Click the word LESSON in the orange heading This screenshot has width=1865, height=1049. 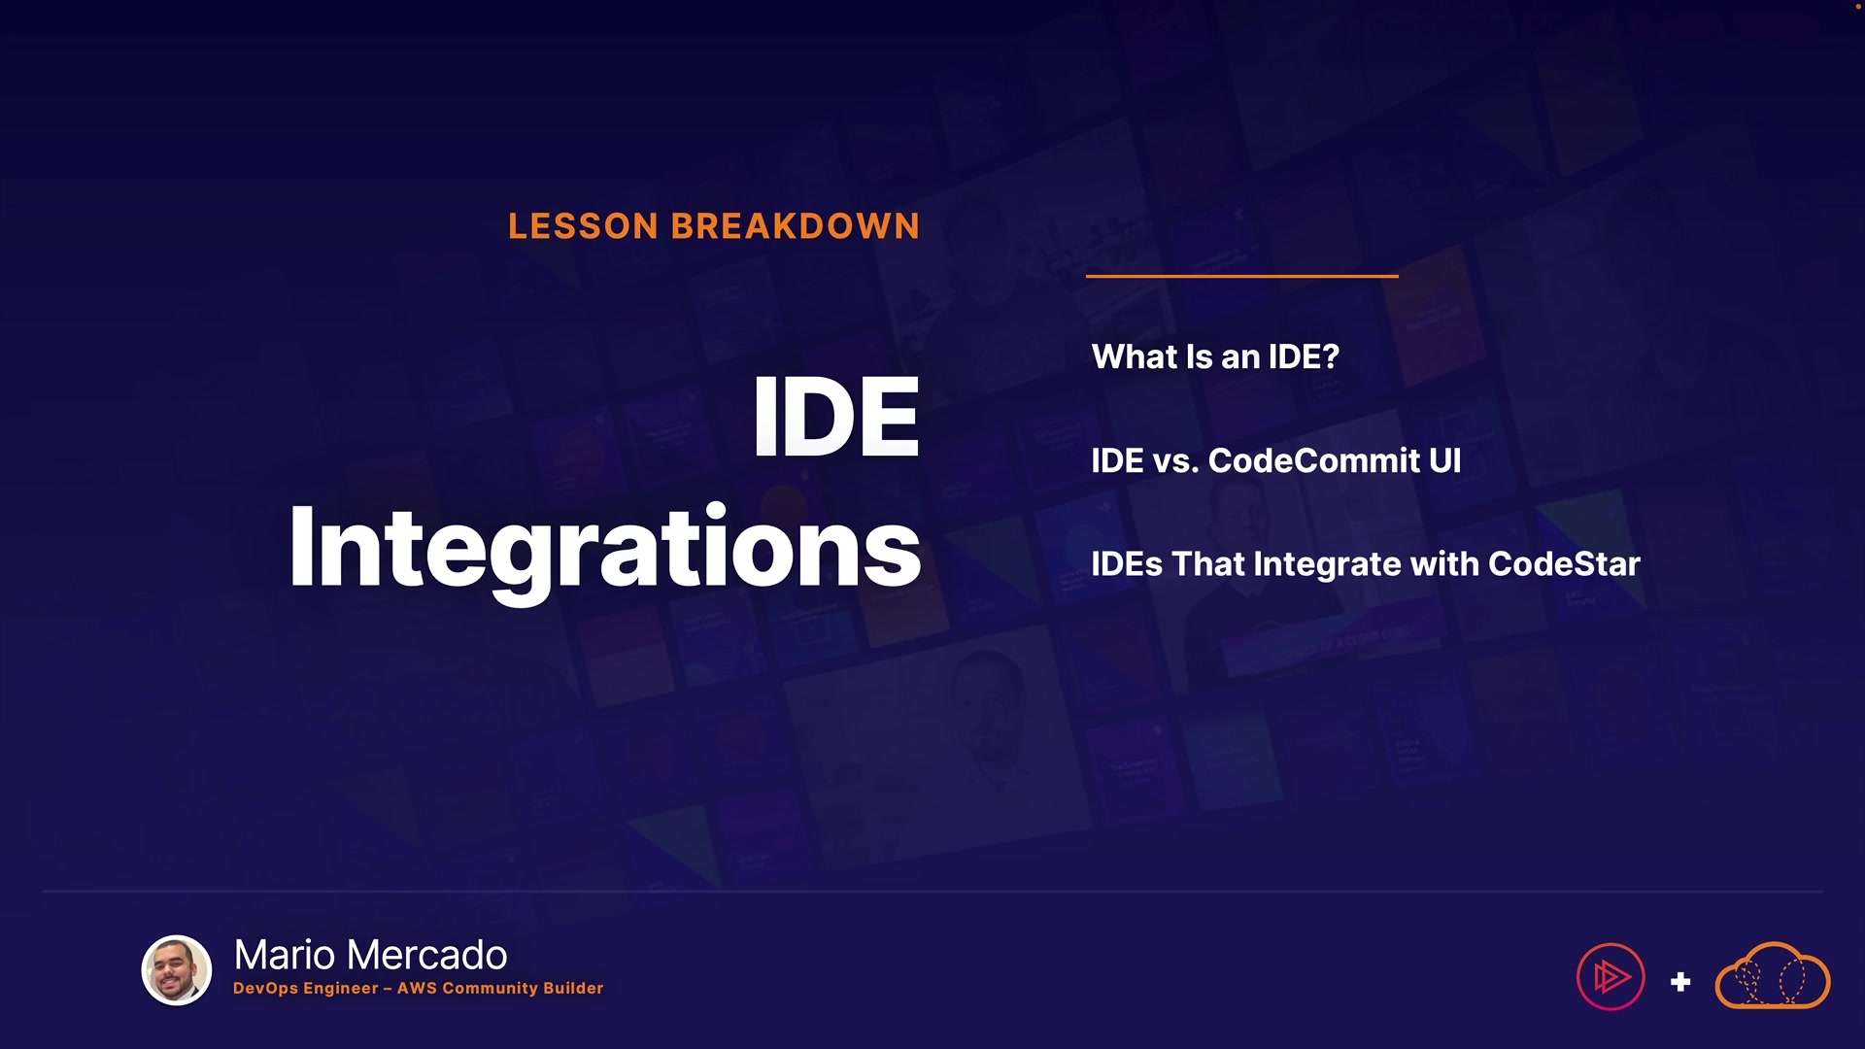tap(584, 226)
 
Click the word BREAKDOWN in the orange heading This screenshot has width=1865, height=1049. tap(796, 226)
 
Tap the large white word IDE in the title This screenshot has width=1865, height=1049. tap(835, 417)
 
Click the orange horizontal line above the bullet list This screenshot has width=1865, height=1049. tap(1242, 276)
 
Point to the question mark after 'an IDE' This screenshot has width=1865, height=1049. tap(1331, 356)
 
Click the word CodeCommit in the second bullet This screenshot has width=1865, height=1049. tap(1314, 460)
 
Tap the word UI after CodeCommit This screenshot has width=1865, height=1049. tap(1445, 460)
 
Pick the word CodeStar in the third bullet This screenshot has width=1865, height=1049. tap(1564, 563)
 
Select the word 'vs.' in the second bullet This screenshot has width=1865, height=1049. tap(1175, 461)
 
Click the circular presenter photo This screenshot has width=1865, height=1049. tap(177, 969)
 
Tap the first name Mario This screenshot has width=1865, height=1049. tap(285, 955)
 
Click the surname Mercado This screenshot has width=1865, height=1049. tap(426, 955)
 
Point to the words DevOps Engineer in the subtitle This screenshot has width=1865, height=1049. tap(306, 988)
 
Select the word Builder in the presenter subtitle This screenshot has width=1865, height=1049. tap(573, 988)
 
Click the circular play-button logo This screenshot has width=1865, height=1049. tap(1611, 976)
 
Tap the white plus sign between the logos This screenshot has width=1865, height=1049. tap(1680, 982)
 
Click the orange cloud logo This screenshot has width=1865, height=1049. tap(1773, 975)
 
